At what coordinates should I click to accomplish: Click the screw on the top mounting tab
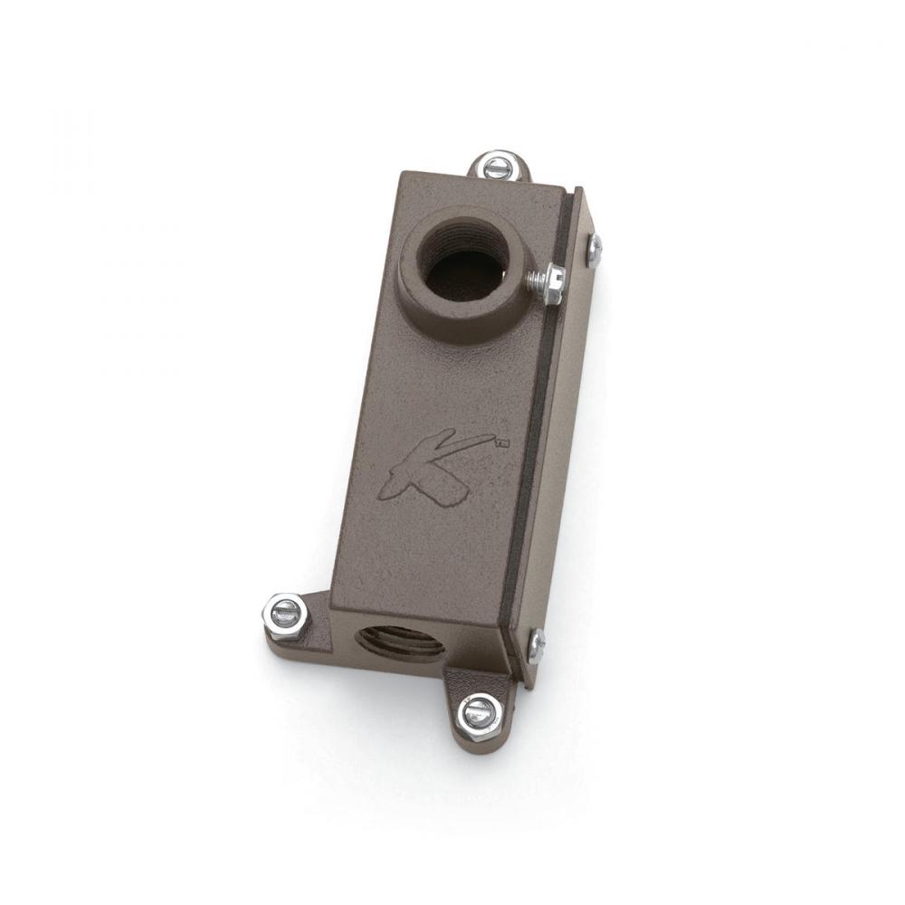496,167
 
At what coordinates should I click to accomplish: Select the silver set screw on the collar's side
546,283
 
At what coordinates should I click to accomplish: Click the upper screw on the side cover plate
595,250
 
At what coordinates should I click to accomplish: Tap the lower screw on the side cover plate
537,643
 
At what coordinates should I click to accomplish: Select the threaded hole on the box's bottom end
399,643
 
